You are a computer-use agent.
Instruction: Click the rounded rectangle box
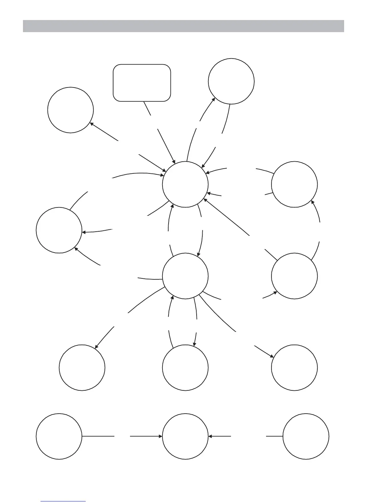point(142,83)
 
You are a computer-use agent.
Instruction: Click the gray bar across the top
point(183,26)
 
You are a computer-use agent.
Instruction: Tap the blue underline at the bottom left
point(63,501)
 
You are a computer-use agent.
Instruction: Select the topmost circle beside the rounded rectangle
point(231,81)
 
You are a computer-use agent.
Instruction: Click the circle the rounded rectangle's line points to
point(185,185)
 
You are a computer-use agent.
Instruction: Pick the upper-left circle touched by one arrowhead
point(70,110)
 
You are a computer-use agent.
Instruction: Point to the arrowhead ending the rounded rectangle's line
point(174,162)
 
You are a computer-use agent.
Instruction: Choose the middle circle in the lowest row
point(185,436)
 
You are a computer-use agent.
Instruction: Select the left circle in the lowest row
point(59,436)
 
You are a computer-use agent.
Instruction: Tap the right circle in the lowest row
point(306,436)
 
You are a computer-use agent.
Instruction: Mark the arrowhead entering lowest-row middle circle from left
point(161,436)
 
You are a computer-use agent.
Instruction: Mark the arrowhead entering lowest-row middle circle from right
point(210,436)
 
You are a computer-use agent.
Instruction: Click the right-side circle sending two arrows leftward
point(294,185)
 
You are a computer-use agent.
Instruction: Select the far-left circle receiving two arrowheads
point(59,230)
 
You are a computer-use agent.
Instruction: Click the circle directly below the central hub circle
point(185,276)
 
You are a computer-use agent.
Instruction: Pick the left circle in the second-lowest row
point(82,367)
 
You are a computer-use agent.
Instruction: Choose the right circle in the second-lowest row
point(294,367)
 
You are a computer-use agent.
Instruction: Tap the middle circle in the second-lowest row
point(185,367)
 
